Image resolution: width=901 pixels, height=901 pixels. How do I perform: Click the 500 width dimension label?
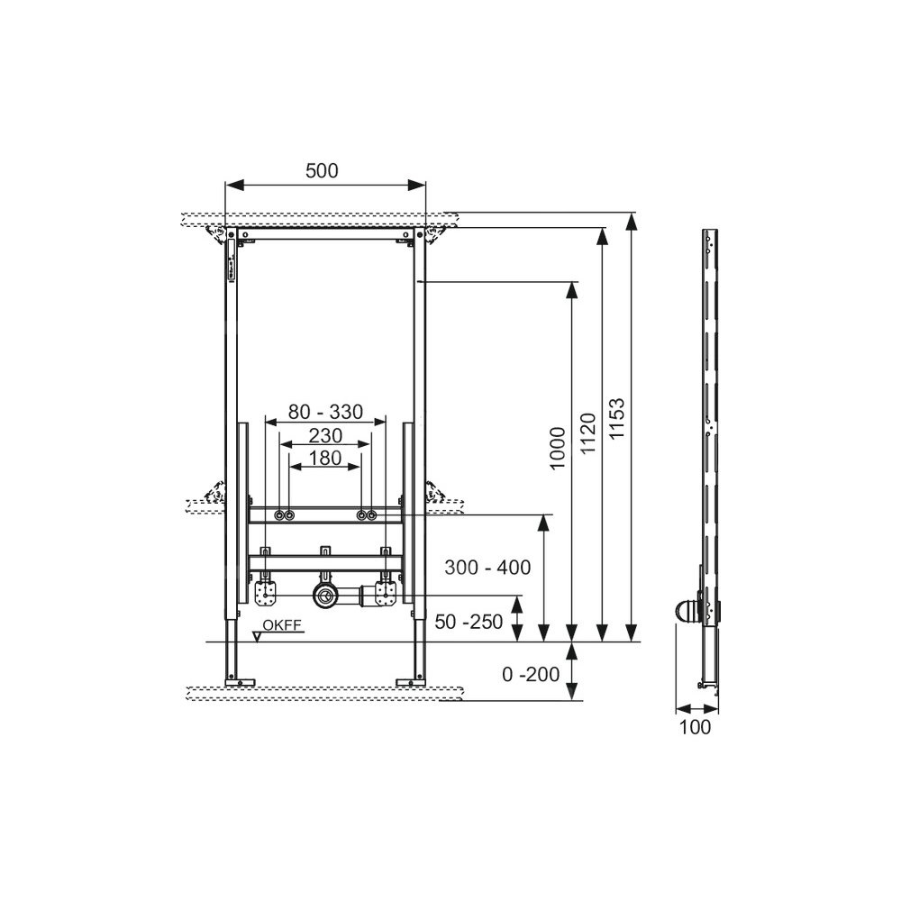[x=322, y=170]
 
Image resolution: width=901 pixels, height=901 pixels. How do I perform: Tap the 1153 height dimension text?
[x=616, y=419]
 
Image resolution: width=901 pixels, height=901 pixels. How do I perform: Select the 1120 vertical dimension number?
[x=587, y=433]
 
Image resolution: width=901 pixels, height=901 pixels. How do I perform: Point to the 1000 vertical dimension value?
[x=558, y=448]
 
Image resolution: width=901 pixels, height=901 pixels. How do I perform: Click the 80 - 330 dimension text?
[x=325, y=412]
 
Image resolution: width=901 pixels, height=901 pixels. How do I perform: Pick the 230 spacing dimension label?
[x=325, y=435]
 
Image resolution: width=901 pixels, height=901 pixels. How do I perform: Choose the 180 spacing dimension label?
[x=325, y=458]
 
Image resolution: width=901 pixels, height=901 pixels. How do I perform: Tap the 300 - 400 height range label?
[x=487, y=567]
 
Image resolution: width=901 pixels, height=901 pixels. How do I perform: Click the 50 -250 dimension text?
[x=469, y=621]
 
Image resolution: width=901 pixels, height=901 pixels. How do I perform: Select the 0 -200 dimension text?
[x=531, y=674]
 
